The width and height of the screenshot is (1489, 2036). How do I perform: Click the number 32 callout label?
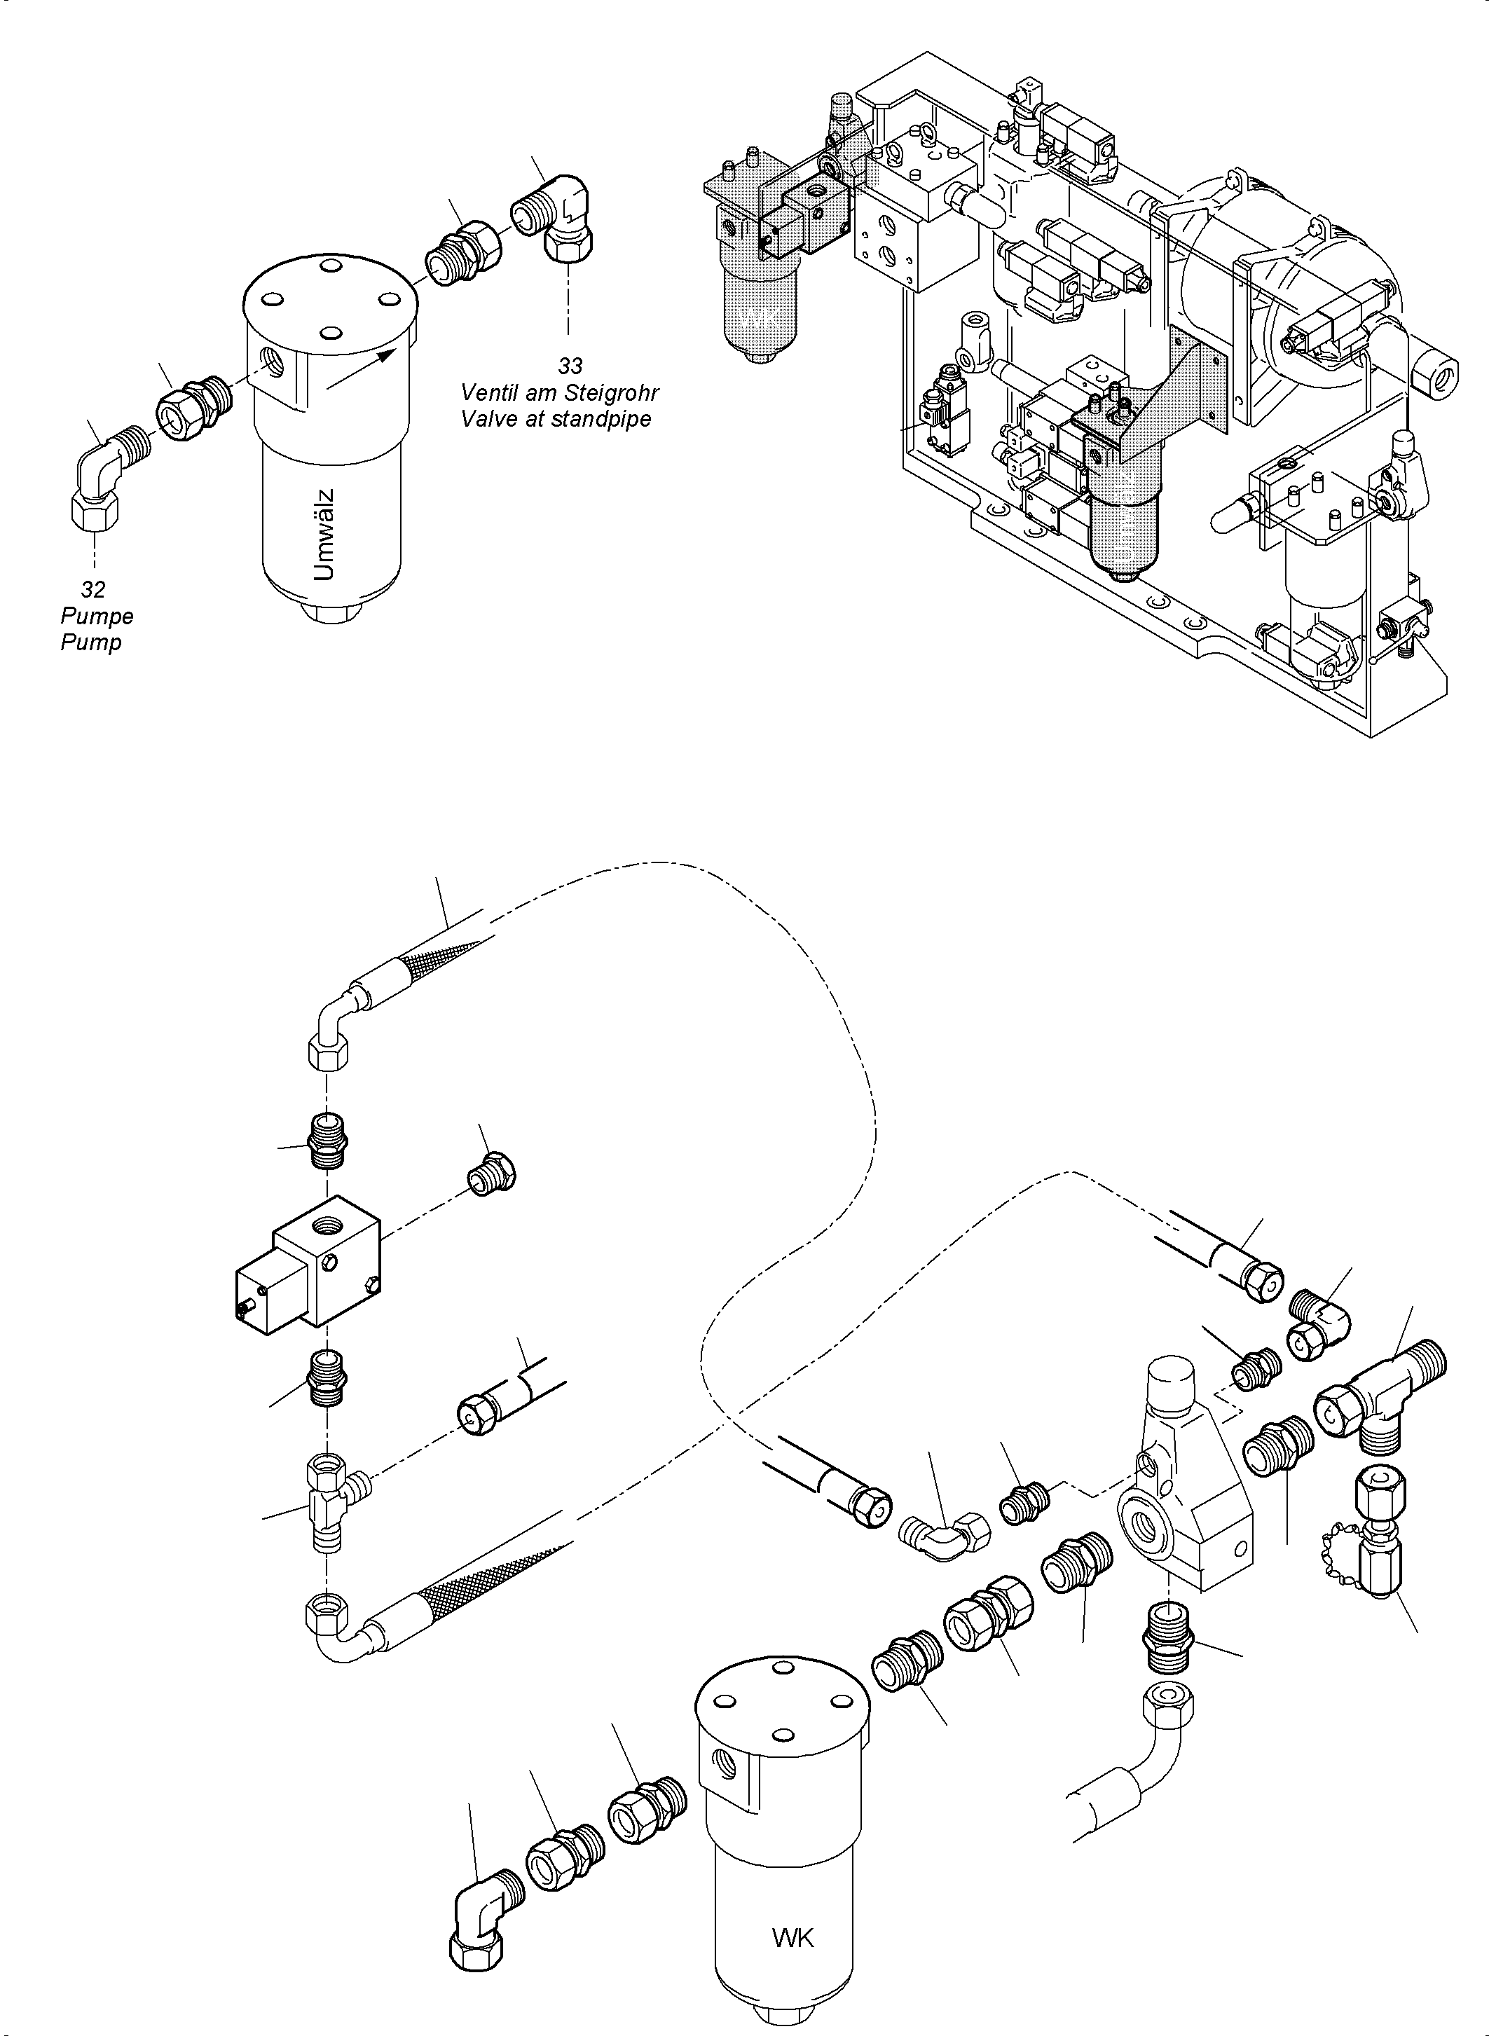point(92,589)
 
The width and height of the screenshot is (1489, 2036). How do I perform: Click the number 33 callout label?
point(570,366)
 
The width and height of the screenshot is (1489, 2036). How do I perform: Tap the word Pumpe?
point(97,617)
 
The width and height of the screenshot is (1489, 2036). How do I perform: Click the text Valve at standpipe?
point(555,419)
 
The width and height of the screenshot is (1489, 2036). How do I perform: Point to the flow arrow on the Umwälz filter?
point(361,369)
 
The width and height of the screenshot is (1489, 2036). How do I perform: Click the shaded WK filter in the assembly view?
point(757,306)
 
